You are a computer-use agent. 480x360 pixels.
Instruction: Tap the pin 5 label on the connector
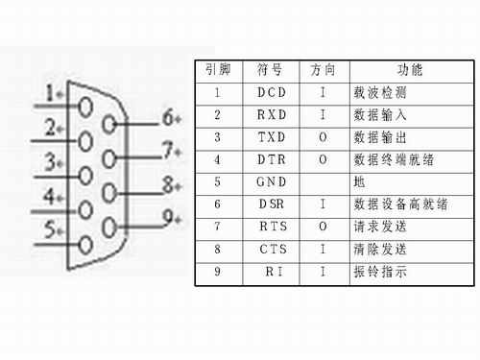pyautogui.click(x=50, y=230)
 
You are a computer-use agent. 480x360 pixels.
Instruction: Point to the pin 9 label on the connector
pyautogui.click(x=171, y=216)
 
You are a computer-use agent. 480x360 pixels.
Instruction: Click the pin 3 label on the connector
pyautogui.click(x=50, y=162)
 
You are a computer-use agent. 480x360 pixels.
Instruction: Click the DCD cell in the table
pyautogui.click(x=272, y=93)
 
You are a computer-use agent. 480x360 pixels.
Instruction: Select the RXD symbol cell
pyautogui.click(x=272, y=115)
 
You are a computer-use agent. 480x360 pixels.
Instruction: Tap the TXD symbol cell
pyautogui.click(x=272, y=137)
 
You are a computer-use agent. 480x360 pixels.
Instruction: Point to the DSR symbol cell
pyautogui.click(x=272, y=204)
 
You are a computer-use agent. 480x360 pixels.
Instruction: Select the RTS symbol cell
pyautogui.click(x=272, y=227)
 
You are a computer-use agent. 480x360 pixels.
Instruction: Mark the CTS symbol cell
pyautogui.click(x=272, y=250)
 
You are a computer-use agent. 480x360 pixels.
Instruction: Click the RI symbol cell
pyautogui.click(x=272, y=272)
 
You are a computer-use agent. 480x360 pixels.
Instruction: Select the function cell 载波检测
pyautogui.click(x=380, y=93)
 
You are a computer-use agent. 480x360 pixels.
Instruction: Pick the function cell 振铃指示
pyautogui.click(x=380, y=272)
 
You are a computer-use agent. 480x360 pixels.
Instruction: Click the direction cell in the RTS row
pyautogui.click(x=323, y=227)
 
